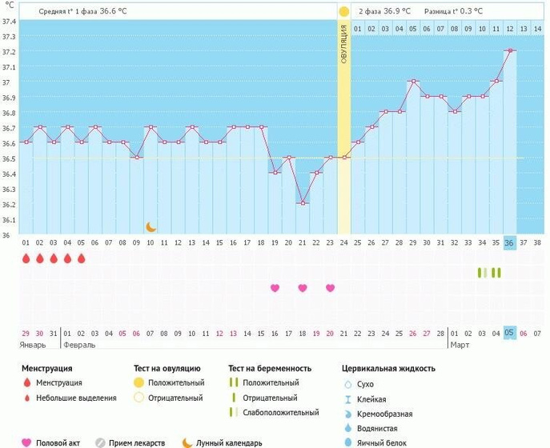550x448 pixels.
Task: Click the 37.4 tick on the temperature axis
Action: pos(8,21)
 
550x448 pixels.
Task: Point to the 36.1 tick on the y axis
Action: pos(8,219)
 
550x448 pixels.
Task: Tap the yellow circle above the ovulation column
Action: pos(343,11)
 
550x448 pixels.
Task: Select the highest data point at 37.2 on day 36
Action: pos(510,51)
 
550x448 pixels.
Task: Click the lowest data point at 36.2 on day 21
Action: pos(302,203)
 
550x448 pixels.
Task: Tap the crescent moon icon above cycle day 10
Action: pos(150,227)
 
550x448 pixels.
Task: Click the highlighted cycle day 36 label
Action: pos(510,242)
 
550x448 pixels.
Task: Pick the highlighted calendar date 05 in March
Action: pos(510,333)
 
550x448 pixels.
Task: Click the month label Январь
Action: pos(33,345)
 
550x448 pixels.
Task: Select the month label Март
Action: pos(461,345)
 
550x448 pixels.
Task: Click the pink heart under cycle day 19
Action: pos(275,288)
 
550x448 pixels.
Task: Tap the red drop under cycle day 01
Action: pos(26,258)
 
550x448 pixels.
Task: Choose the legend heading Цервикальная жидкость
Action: pos(388,369)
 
